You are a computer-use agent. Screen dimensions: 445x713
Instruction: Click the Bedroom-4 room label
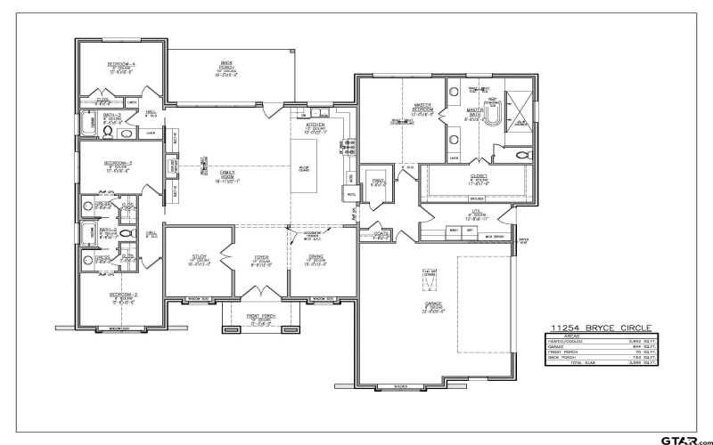tap(121, 66)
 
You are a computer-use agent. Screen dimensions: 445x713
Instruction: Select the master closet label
tap(477, 178)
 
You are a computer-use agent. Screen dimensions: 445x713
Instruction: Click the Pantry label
tap(377, 182)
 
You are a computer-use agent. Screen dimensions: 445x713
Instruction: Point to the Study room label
tap(199, 259)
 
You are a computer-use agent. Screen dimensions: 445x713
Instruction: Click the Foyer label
tap(260, 259)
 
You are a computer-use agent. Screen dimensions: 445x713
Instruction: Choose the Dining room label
tap(316, 259)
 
